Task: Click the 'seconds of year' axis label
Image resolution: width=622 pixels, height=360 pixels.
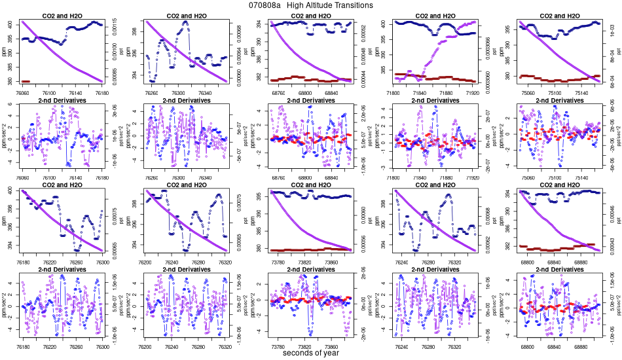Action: tap(311, 353)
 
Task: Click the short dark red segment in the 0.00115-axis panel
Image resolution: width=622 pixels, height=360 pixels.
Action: tap(26, 81)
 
